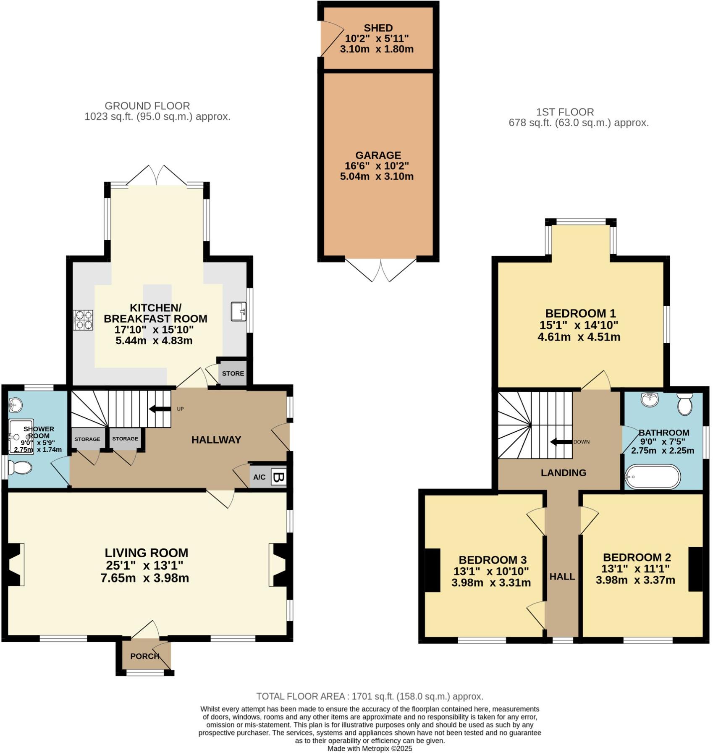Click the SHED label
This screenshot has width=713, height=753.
coord(378,28)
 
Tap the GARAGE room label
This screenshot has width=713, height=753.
coord(378,155)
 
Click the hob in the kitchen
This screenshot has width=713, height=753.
coord(83,320)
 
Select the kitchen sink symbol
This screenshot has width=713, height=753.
coord(239,311)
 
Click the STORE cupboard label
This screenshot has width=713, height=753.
coord(233,373)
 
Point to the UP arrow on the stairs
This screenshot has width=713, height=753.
coord(160,409)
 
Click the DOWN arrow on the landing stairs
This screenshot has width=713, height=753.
coord(561,442)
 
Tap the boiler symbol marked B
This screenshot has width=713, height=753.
coord(278,477)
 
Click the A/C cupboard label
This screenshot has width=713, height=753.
coord(260,477)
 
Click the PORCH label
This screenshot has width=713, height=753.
coord(145,656)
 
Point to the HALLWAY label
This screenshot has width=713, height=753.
coord(216,440)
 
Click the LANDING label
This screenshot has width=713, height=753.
coord(563,473)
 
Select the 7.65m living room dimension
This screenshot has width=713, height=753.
coord(118,578)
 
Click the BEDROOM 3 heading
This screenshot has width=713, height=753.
coord(492,560)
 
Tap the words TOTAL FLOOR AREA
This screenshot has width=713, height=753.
coord(301,696)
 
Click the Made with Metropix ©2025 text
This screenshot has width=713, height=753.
coord(370,748)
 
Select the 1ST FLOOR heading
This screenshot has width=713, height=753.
coord(565,112)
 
